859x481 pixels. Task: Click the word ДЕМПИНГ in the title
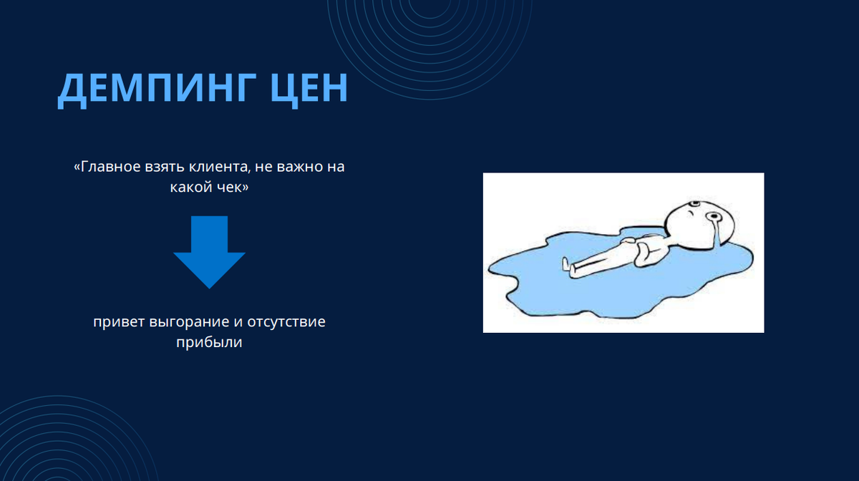click(x=157, y=88)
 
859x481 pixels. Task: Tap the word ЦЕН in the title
click(x=309, y=88)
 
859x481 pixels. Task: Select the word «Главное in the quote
click(x=107, y=167)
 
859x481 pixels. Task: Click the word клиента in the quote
click(x=219, y=167)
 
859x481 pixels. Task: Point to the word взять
click(x=165, y=167)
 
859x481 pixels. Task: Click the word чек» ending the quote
click(x=232, y=188)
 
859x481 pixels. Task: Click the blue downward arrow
click(x=209, y=252)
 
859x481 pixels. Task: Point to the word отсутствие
click(x=286, y=322)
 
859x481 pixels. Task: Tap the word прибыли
click(x=209, y=343)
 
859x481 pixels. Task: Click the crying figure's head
click(x=699, y=223)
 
